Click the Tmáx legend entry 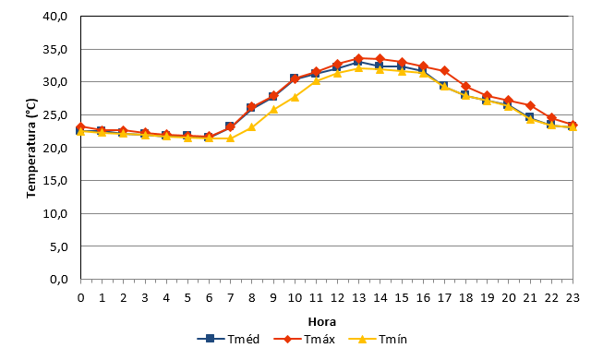[x=304, y=340]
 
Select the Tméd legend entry [x=228, y=340]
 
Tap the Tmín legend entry [x=378, y=340]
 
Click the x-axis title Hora [x=322, y=321]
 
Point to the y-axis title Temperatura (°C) [x=31, y=149]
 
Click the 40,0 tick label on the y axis [x=55, y=17]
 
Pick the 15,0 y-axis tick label [x=55, y=180]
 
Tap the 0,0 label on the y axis [x=59, y=279]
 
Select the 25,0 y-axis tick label [x=55, y=115]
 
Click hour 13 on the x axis [x=359, y=298]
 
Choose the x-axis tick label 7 [x=230, y=298]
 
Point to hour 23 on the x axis [x=573, y=298]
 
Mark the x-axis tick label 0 [x=80, y=298]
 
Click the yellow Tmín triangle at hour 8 [x=251, y=127]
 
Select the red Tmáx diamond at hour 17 [x=444, y=71]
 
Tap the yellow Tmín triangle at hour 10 [x=295, y=97]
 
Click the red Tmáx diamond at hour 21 [x=530, y=105]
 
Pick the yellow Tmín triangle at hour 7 [x=230, y=138]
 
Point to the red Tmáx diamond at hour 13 [x=359, y=58]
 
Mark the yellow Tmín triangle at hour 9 [x=273, y=110]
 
